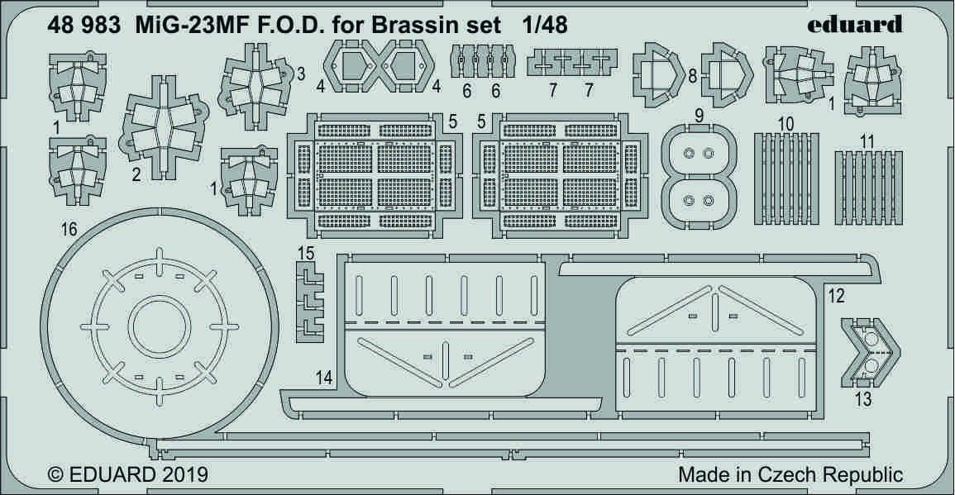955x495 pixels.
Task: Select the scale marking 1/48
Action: click(545, 24)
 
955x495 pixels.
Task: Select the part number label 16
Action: click(69, 230)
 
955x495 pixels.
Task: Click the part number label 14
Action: click(324, 378)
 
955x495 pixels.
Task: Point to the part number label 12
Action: click(836, 294)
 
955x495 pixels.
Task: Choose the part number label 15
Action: click(305, 251)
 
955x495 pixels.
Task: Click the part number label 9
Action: click(699, 117)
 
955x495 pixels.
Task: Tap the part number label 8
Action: click(691, 76)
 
